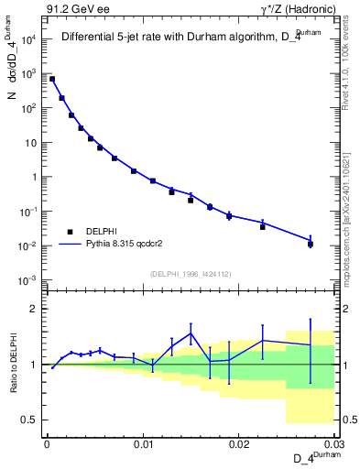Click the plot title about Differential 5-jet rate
[189, 38]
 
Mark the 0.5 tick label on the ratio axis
[29, 420]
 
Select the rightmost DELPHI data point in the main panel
[311, 244]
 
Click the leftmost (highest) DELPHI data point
[52, 80]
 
